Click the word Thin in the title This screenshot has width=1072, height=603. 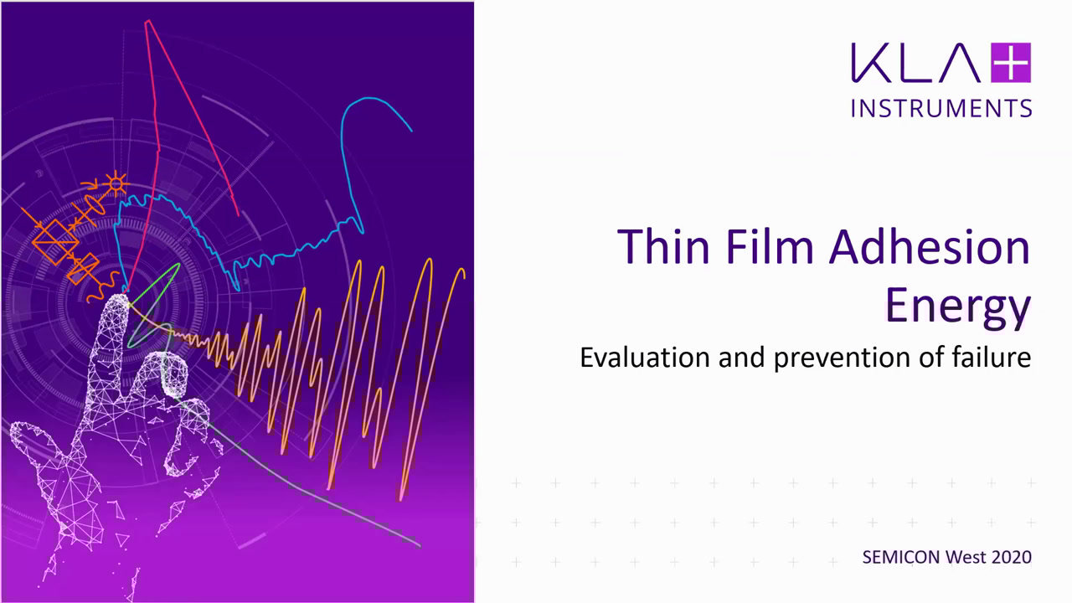[x=663, y=246]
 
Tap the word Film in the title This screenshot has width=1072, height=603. [x=770, y=246]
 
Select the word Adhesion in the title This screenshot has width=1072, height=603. [x=930, y=246]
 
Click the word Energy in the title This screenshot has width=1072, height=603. [x=958, y=307]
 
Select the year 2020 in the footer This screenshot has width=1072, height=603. [x=1012, y=557]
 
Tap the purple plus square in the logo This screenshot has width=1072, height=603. [x=1011, y=63]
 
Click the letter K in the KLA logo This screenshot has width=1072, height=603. [x=868, y=63]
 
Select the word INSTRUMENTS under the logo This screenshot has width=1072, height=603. [x=941, y=108]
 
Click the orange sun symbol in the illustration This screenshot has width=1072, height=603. [x=116, y=183]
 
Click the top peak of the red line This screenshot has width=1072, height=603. [x=148, y=21]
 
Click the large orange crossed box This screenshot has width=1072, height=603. [x=55, y=242]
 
